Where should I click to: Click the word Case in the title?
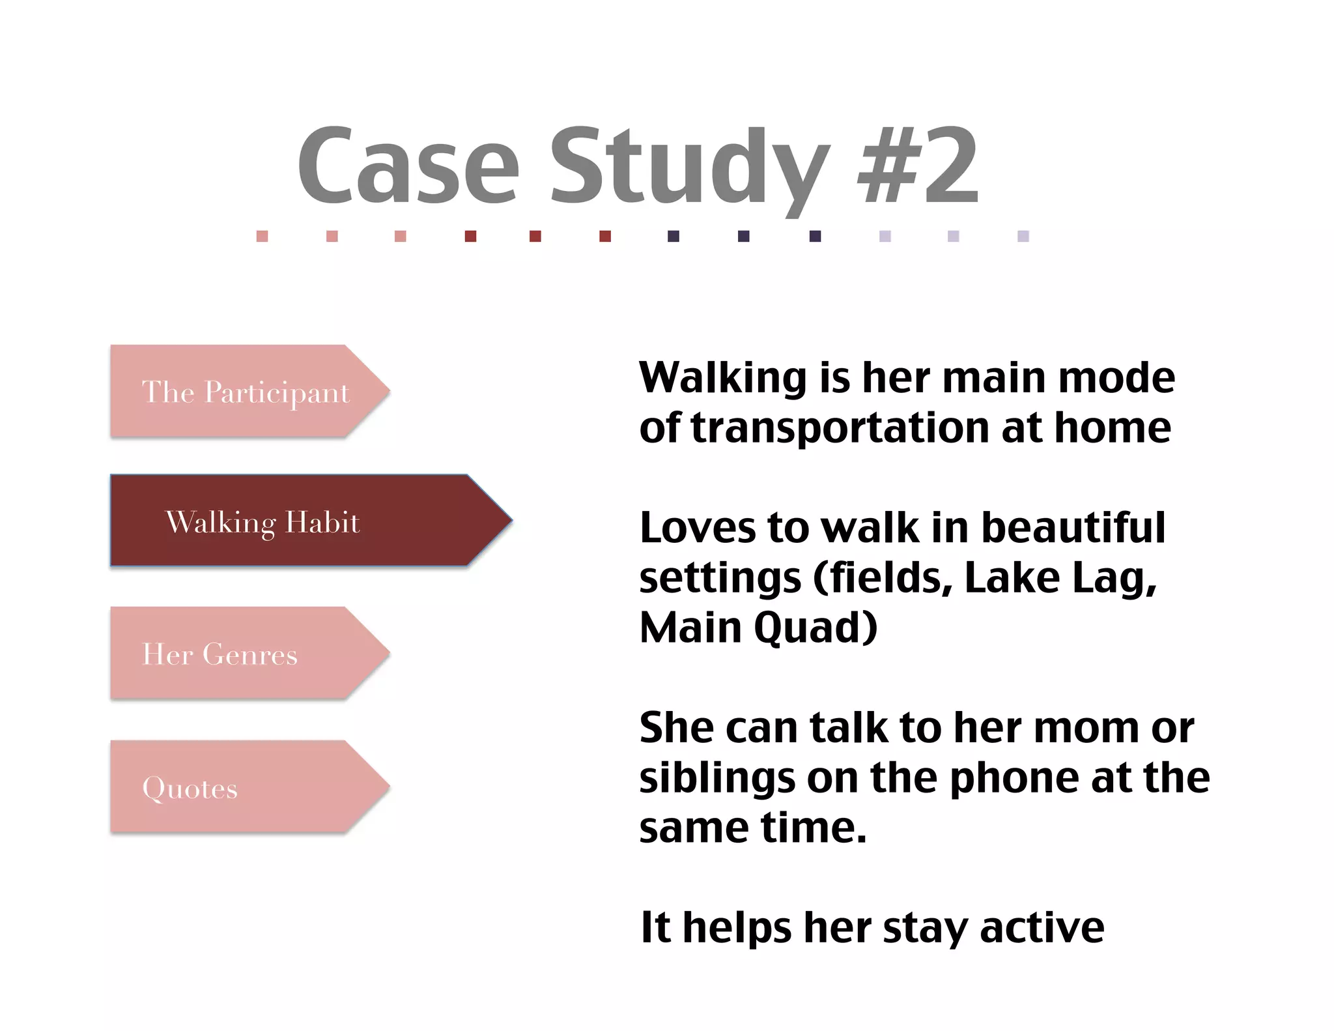coord(408,166)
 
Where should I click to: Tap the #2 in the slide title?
coord(917,166)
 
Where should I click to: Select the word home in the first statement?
coord(1113,428)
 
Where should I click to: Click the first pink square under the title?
coord(263,236)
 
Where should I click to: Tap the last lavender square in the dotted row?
coord(1023,236)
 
